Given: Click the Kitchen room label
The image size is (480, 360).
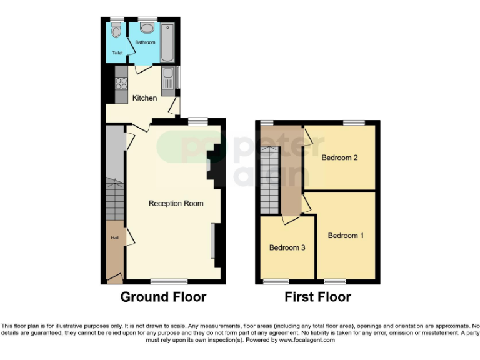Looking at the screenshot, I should pyautogui.click(x=144, y=98).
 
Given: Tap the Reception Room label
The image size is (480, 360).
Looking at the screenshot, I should pyautogui.click(x=176, y=204).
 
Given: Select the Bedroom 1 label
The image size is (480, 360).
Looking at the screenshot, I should pyautogui.click(x=346, y=236).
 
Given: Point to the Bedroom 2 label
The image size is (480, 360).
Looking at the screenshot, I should pyautogui.click(x=339, y=157).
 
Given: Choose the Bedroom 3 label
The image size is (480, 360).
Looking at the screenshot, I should pyautogui.click(x=287, y=247).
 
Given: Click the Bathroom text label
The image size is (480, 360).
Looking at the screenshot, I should pyautogui.click(x=145, y=42).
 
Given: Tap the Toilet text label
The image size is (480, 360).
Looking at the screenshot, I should pyautogui.click(x=117, y=54).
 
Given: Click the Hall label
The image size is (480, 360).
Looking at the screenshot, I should pyautogui.click(x=114, y=237).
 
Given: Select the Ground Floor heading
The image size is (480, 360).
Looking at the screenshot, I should pyautogui.click(x=163, y=297).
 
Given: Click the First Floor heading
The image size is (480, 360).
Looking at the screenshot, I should pyautogui.click(x=317, y=297).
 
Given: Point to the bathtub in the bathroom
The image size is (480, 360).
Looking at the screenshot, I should pyautogui.click(x=167, y=43).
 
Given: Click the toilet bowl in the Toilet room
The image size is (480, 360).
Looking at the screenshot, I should pyautogui.click(x=116, y=31).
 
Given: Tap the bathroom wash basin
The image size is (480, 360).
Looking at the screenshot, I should pyautogui.click(x=147, y=28).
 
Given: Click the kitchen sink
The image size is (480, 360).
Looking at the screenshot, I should pyautogui.click(x=167, y=80).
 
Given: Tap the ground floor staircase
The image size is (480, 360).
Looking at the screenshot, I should pyautogui.click(x=115, y=199).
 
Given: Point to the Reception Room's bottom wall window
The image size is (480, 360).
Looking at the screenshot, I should pyautogui.click(x=169, y=281).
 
